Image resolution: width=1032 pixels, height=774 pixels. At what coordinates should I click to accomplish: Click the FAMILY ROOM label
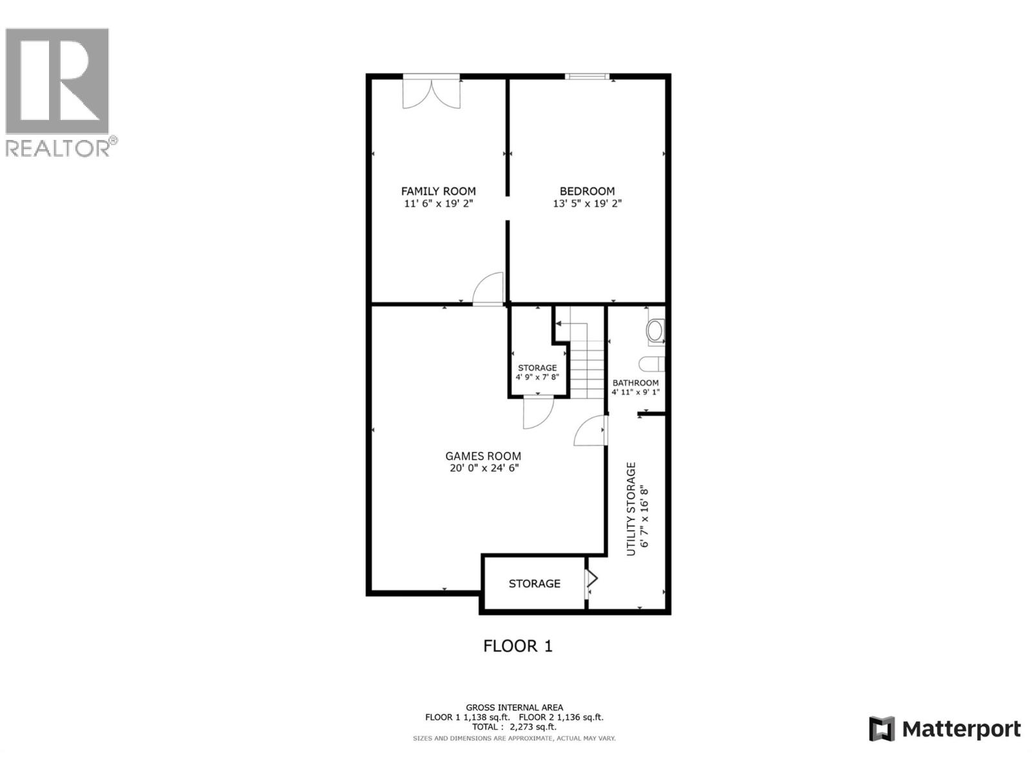438,191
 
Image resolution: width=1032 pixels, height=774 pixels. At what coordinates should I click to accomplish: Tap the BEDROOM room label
587,191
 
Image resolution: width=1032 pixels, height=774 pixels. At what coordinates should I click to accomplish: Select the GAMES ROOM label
483,456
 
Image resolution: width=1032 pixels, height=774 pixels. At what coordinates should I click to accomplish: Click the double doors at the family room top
432,92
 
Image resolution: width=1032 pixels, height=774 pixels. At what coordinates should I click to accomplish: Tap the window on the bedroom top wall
587,77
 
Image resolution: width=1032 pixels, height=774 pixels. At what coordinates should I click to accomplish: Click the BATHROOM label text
635,383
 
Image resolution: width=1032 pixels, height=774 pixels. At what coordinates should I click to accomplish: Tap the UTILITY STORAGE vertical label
631,509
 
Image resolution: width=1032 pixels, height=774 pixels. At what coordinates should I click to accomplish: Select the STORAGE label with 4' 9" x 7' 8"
537,368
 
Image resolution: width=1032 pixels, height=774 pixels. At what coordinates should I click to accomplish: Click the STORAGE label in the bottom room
534,584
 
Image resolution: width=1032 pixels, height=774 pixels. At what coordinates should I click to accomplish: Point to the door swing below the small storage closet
537,413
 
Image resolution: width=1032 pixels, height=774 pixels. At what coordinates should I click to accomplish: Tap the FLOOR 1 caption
518,646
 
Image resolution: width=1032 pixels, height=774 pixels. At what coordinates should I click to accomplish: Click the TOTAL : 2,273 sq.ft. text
514,727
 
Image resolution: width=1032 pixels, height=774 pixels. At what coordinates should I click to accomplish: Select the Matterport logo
945,729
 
